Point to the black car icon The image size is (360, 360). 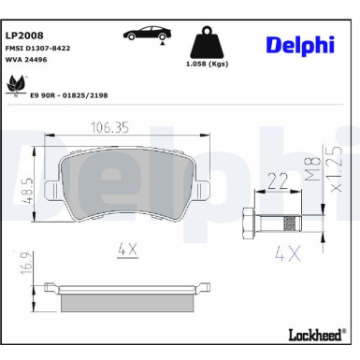pos(146,34)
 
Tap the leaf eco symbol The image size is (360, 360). pos(17,85)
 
